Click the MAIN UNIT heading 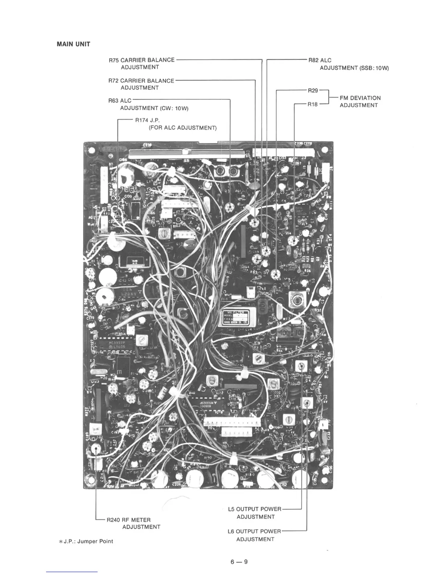click(x=73, y=44)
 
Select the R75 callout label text click(x=141, y=60)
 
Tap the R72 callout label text click(x=141, y=81)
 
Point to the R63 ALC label click(x=120, y=101)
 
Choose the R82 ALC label click(x=320, y=60)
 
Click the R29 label click(x=313, y=90)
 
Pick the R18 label click(x=312, y=105)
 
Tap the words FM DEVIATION click(x=360, y=98)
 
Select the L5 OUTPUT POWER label click(x=254, y=509)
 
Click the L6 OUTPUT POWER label click(x=254, y=531)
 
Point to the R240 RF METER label click(x=129, y=520)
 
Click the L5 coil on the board click(x=301, y=366)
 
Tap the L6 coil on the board click(x=307, y=403)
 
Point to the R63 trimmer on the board click(x=230, y=207)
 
